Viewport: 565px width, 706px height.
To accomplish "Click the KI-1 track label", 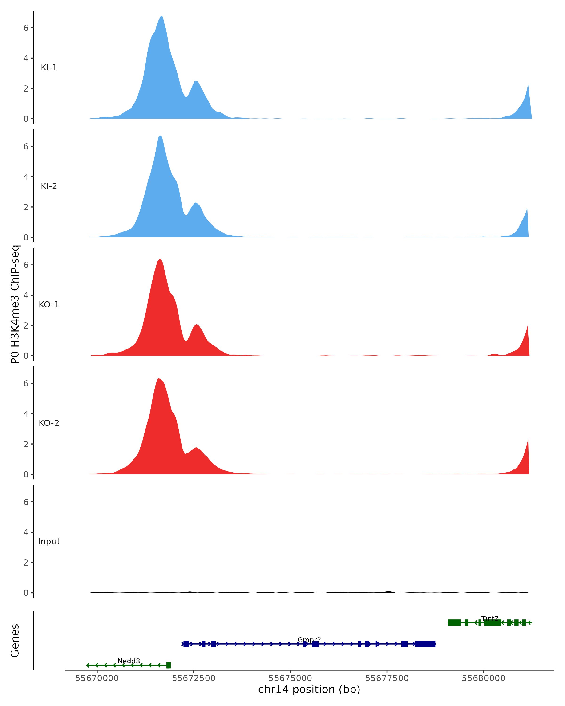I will pos(49,68).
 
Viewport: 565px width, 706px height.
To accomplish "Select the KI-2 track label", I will pos(49,186).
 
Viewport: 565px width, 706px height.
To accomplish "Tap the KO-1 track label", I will pos(49,305).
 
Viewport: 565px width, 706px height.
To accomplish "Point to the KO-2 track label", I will pos(49,423).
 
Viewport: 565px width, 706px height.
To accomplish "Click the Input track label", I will pos(49,542).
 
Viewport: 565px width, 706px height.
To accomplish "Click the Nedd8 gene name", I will pos(129,661).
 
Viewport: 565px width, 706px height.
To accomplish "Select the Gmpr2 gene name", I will pos(309,640).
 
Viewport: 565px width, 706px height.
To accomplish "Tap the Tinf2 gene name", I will pos(490,618).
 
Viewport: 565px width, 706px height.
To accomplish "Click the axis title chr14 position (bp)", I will pos(309,690).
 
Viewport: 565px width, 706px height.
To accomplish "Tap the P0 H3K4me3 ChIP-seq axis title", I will pos(15,304).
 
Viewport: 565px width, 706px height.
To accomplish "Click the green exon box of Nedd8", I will pos(168,665).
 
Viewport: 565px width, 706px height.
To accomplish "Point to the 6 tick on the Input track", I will pos(26,502).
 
